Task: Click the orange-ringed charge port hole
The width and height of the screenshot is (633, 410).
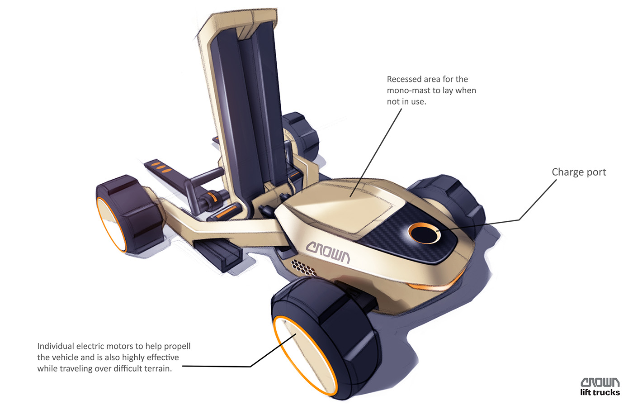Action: coord(424,233)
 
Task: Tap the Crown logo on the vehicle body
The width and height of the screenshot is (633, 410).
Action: coord(328,252)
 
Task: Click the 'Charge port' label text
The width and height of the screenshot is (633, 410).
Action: coord(579,172)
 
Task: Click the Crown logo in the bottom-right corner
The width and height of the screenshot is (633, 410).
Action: coord(600,382)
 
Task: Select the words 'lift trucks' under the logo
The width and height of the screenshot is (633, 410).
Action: coord(600,392)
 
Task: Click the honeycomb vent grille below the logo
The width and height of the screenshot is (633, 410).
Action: coord(303,267)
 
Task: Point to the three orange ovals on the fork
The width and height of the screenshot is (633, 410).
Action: coord(161,167)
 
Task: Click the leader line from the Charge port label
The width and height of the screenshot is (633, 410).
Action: coord(520,219)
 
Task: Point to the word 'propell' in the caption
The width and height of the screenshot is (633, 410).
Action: coord(177,346)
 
